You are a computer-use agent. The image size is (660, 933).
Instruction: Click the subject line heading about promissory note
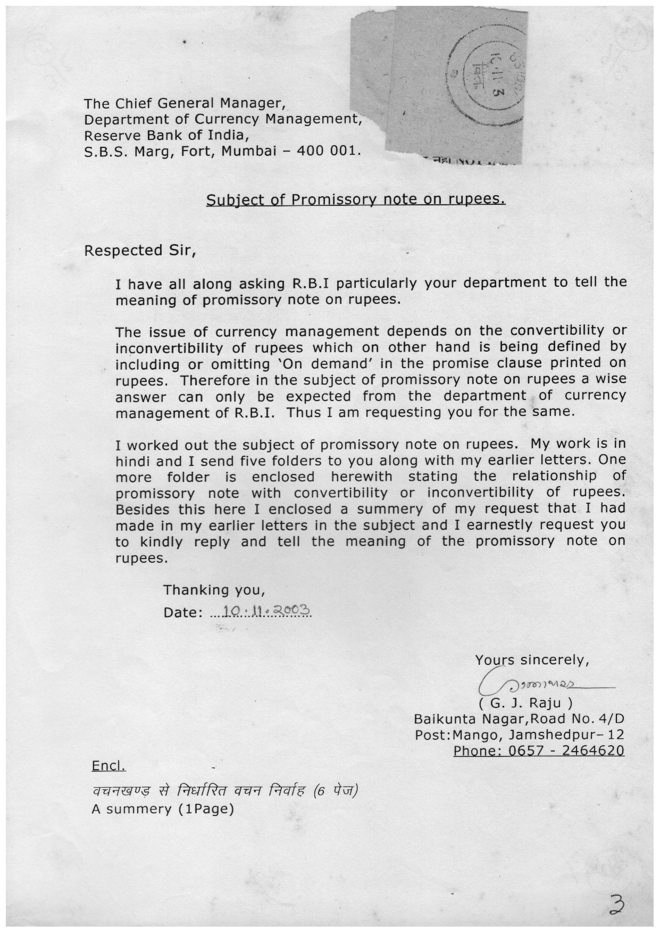click(x=355, y=199)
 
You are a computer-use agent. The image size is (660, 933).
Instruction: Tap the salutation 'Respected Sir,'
click(x=140, y=250)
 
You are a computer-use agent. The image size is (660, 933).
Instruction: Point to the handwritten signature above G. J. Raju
click(x=537, y=684)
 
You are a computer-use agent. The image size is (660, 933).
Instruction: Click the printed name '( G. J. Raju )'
click(x=525, y=703)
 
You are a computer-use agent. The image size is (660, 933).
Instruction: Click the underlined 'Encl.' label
click(x=108, y=766)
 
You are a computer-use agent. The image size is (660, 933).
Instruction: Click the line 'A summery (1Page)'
click(x=163, y=809)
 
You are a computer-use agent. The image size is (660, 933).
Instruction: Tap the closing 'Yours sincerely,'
click(x=532, y=660)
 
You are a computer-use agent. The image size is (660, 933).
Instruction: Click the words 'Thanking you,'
click(x=214, y=590)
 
